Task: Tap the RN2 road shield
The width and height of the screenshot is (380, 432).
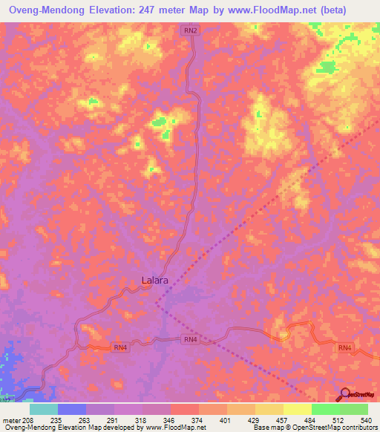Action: pyautogui.click(x=191, y=30)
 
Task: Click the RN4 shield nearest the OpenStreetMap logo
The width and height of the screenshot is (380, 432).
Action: pyautogui.click(x=345, y=347)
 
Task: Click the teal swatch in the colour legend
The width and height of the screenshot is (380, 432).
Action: pyautogui.click(x=44, y=409)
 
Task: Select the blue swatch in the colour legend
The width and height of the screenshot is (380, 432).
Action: pyautogui.click(x=72, y=409)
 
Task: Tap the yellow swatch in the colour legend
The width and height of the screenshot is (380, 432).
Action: pyautogui.click(x=298, y=409)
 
